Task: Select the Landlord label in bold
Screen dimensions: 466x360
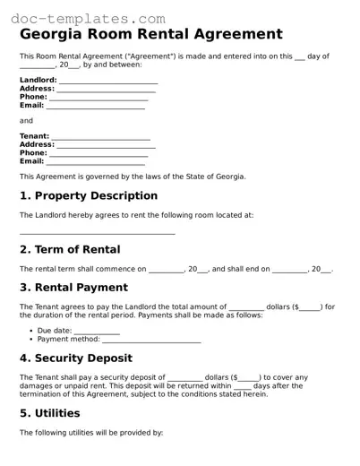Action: [x=37, y=80]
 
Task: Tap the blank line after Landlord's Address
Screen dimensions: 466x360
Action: [x=104, y=89]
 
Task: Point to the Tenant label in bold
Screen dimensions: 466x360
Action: [x=34, y=136]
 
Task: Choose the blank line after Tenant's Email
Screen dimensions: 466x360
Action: [x=95, y=161]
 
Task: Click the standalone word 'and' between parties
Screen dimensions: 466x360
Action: [x=26, y=120]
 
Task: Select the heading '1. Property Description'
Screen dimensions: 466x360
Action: [x=89, y=195]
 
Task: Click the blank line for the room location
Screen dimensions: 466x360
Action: [x=97, y=233]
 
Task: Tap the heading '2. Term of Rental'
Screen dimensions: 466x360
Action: [x=70, y=249]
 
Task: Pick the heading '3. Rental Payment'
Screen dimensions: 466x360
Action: [x=73, y=288]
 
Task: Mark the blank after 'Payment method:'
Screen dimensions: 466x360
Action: [x=151, y=340]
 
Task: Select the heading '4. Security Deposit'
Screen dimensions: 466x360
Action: [x=77, y=358]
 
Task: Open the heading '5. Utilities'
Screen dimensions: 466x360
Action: [x=49, y=413]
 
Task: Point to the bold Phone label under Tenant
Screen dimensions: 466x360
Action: [x=33, y=153]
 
